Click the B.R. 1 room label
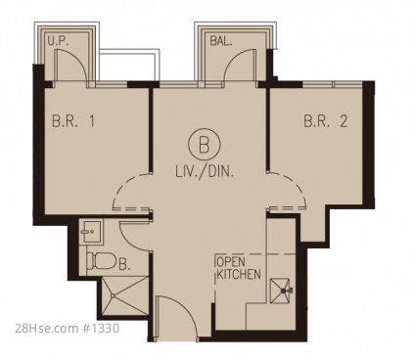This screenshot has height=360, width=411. click(73, 121)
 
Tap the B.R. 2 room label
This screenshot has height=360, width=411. click(326, 121)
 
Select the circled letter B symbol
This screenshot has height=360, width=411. click(205, 144)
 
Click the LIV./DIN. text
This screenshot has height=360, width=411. click(205, 171)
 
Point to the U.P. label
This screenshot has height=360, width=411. click(58, 41)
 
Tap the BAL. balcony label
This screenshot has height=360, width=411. click(221, 41)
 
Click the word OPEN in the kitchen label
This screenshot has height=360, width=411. click(231, 262)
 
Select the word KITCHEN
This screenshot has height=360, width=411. click(239, 275)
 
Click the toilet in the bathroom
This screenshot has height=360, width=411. click(102, 261)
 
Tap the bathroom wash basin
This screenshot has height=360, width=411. click(92, 232)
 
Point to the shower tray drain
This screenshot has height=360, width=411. click(113, 295)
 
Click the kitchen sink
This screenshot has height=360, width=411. click(280, 291)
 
